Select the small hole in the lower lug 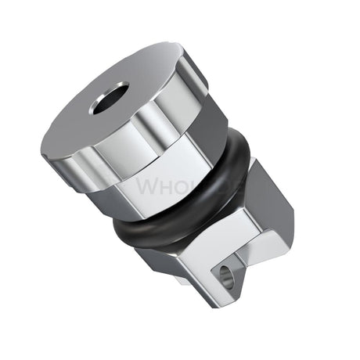click(228, 275)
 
